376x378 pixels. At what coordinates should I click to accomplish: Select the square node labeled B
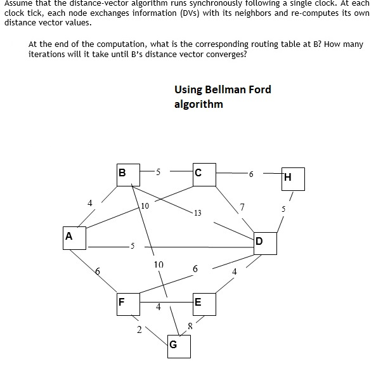pyautogui.click(x=127, y=173)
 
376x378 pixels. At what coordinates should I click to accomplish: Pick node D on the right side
pyautogui.click(x=264, y=243)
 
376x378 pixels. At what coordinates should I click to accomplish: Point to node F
pyautogui.click(x=127, y=303)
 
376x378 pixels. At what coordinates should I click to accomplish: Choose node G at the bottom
pyautogui.click(x=179, y=346)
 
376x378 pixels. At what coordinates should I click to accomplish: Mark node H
pyautogui.click(x=292, y=179)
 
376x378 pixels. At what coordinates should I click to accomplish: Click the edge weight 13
pyautogui.click(x=198, y=213)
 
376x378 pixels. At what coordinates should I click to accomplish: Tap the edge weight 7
pyautogui.click(x=242, y=206)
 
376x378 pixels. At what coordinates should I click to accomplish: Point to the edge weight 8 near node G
pyautogui.click(x=190, y=326)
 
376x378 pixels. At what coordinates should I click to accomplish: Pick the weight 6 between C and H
pyautogui.click(x=251, y=174)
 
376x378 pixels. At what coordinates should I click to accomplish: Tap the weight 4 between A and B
pyautogui.click(x=89, y=203)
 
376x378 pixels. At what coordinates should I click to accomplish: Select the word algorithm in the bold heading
pyautogui.click(x=198, y=104)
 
